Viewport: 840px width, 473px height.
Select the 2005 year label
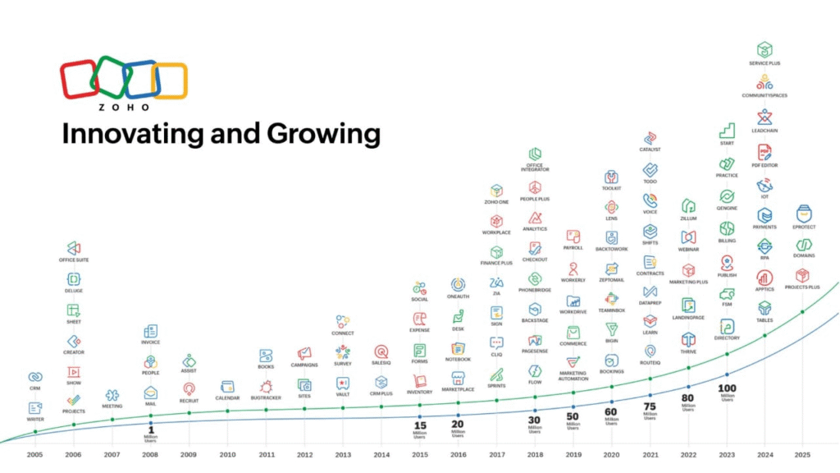pyautogui.click(x=34, y=454)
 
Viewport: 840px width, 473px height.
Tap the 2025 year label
pyautogui.click(x=802, y=454)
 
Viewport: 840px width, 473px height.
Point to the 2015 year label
pyautogui.click(x=419, y=454)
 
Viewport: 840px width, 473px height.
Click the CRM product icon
pyautogui.click(x=35, y=377)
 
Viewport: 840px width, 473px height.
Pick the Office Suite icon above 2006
pyautogui.click(x=73, y=247)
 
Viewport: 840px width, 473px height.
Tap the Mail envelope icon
pyautogui.click(x=150, y=393)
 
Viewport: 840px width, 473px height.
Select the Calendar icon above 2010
pyautogui.click(x=228, y=387)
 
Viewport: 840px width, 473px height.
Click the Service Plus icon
pyautogui.click(x=765, y=50)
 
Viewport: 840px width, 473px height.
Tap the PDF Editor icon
pyautogui.click(x=765, y=153)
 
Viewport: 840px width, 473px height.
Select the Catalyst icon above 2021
pyautogui.click(x=650, y=138)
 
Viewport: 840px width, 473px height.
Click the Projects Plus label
pyautogui.click(x=802, y=287)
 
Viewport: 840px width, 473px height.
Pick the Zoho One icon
pyautogui.click(x=496, y=191)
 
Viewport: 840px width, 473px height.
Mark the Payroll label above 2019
pyautogui.click(x=573, y=247)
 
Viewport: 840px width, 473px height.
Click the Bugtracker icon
pyautogui.click(x=266, y=386)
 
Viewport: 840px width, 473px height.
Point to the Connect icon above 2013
pyautogui.click(x=343, y=322)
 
